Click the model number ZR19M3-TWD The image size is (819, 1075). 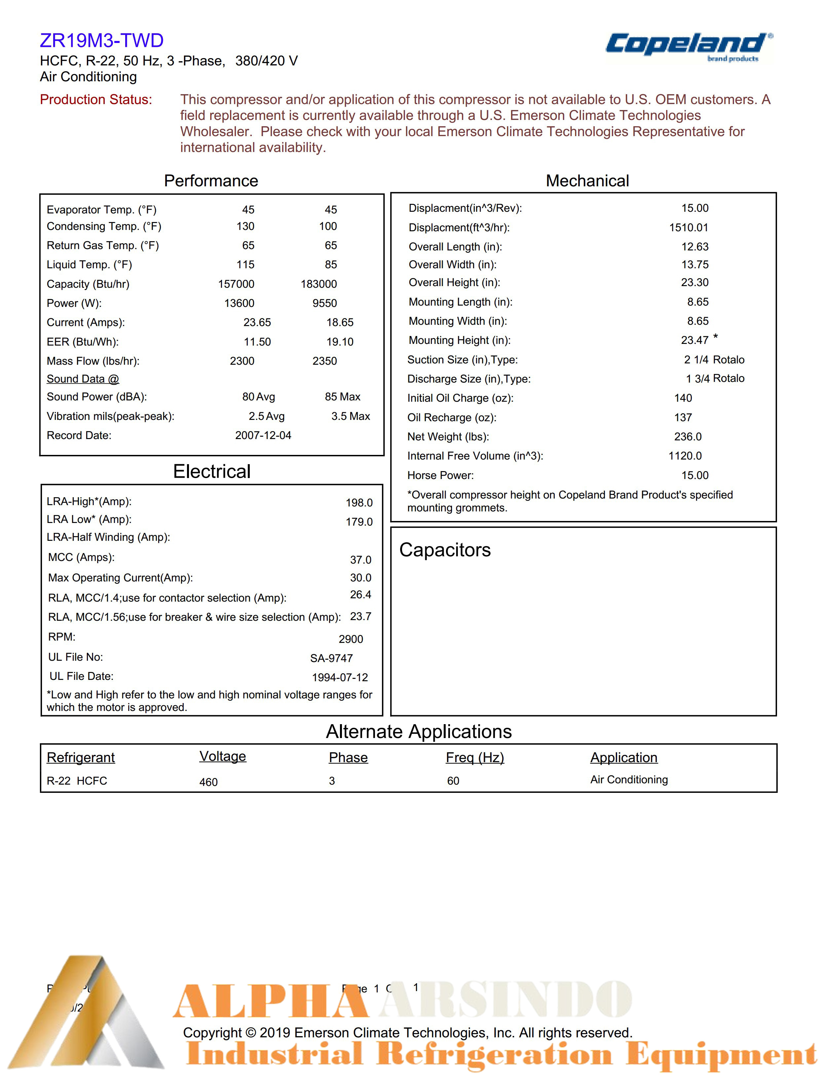click(101, 40)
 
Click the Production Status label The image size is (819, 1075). click(96, 99)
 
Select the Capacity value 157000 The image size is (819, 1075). click(236, 284)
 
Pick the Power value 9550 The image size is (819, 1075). click(325, 303)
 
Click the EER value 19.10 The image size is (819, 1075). click(340, 342)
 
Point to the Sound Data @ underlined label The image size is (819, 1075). click(83, 379)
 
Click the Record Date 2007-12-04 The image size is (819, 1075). click(263, 435)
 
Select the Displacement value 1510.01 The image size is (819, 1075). click(689, 228)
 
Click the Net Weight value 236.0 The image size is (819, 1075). click(688, 437)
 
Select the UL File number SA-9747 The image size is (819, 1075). click(331, 658)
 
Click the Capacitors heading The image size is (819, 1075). click(445, 550)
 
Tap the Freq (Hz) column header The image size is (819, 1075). click(475, 758)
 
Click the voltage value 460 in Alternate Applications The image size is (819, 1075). click(208, 782)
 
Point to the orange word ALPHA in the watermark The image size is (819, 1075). click(271, 1001)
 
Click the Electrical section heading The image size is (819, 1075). click(211, 471)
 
